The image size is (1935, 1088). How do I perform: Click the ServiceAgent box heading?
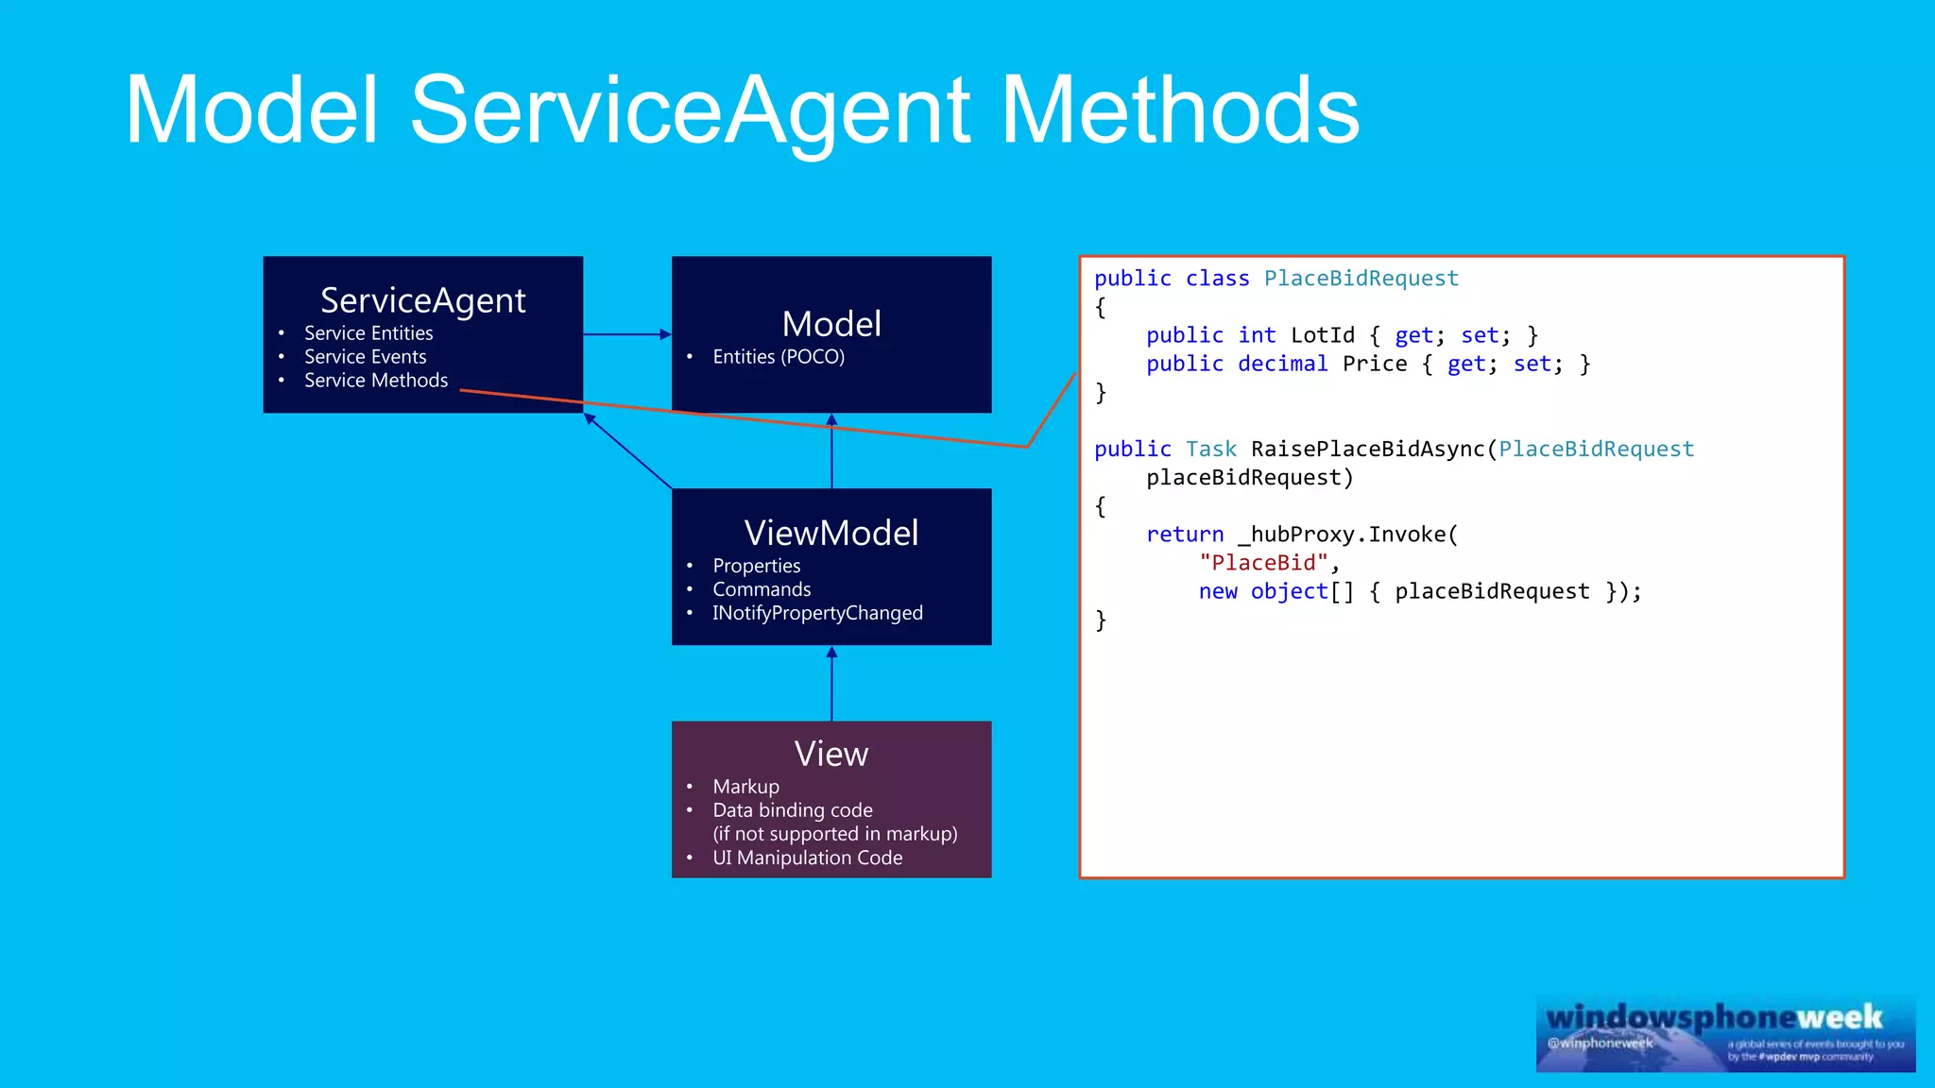point(422,300)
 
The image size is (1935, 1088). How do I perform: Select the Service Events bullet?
point(365,357)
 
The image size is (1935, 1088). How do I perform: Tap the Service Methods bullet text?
point(375,381)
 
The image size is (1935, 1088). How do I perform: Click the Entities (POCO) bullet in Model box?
point(778,357)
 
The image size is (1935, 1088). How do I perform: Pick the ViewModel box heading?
point(831,533)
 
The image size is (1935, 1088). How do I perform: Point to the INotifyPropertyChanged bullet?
point(816,613)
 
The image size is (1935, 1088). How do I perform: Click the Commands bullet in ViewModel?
point(761,589)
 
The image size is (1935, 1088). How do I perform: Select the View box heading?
point(831,754)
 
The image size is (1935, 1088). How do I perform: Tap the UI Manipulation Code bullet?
point(807,858)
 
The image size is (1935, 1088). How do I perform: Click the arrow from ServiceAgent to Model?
point(626,334)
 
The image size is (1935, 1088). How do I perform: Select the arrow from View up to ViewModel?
point(831,684)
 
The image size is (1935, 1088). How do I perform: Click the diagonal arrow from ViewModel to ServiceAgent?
point(628,451)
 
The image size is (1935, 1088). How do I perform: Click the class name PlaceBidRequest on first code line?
point(1361,279)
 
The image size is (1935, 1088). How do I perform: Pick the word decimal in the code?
point(1282,364)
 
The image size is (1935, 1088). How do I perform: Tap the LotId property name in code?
point(1322,335)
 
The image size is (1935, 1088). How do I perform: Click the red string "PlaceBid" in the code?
point(1263,563)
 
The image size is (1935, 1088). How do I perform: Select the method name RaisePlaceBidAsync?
point(1367,450)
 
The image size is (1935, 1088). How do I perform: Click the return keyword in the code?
point(1184,535)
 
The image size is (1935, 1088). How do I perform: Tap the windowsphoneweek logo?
point(1725,1033)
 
